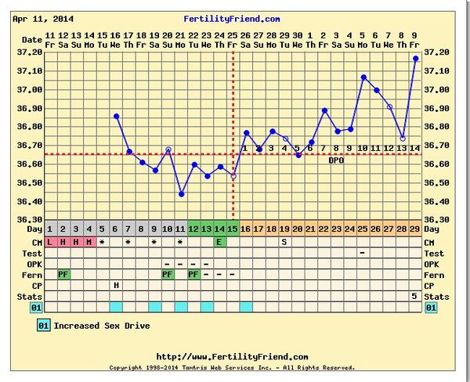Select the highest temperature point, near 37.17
pyautogui.click(x=415, y=59)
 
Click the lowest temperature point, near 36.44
pyautogui.click(x=181, y=194)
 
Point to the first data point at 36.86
pyautogui.click(x=116, y=116)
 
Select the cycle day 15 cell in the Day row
pyautogui.click(x=233, y=229)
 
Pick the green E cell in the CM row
pyautogui.click(x=220, y=242)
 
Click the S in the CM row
pyautogui.click(x=285, y=242)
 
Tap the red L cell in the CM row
pyautogui.click(x=50, y=242)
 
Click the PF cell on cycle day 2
pyautogui.click(x=63, y=275)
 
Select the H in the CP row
pyautogui.click(x=116, y=285)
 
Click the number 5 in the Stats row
pyautogui.click(x=414, y=296)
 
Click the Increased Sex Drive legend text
pyautogui.click(x=101, y=325)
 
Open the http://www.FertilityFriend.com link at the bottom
pyautogui.click(x=233, y=356)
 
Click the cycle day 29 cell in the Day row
pyautogui.click(x=414, y=229)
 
